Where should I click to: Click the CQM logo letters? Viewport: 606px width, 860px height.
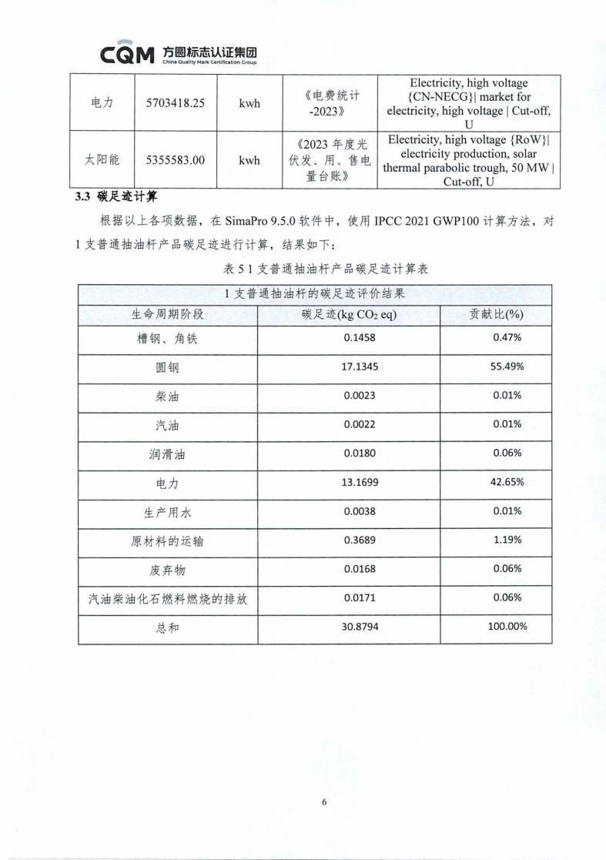(x=128, y=55)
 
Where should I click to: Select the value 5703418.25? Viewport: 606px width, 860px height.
(x=175, y=103)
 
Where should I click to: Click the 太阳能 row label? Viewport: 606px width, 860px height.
(x=102, y=160)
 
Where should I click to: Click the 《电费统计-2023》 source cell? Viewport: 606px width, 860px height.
(x=332, y=103)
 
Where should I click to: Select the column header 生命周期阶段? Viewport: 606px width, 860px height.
(x=168, y=314)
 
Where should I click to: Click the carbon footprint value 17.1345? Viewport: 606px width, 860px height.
(x=360, y=366)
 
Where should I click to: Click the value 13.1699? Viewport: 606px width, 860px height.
(x=360, y=483)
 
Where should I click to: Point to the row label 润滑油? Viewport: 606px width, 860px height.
(x=168, y=454)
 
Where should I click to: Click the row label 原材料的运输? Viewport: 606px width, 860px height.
(x=168, y=541)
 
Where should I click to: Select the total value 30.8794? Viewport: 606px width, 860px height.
(x=360, y=627)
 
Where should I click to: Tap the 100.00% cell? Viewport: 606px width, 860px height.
(x=507, y=627)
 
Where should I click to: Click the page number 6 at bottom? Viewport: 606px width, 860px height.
(x=324, y=802)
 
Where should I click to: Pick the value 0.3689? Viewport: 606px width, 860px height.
(x=360, y=540)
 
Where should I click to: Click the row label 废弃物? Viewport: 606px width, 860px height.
(x=168, y=571)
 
